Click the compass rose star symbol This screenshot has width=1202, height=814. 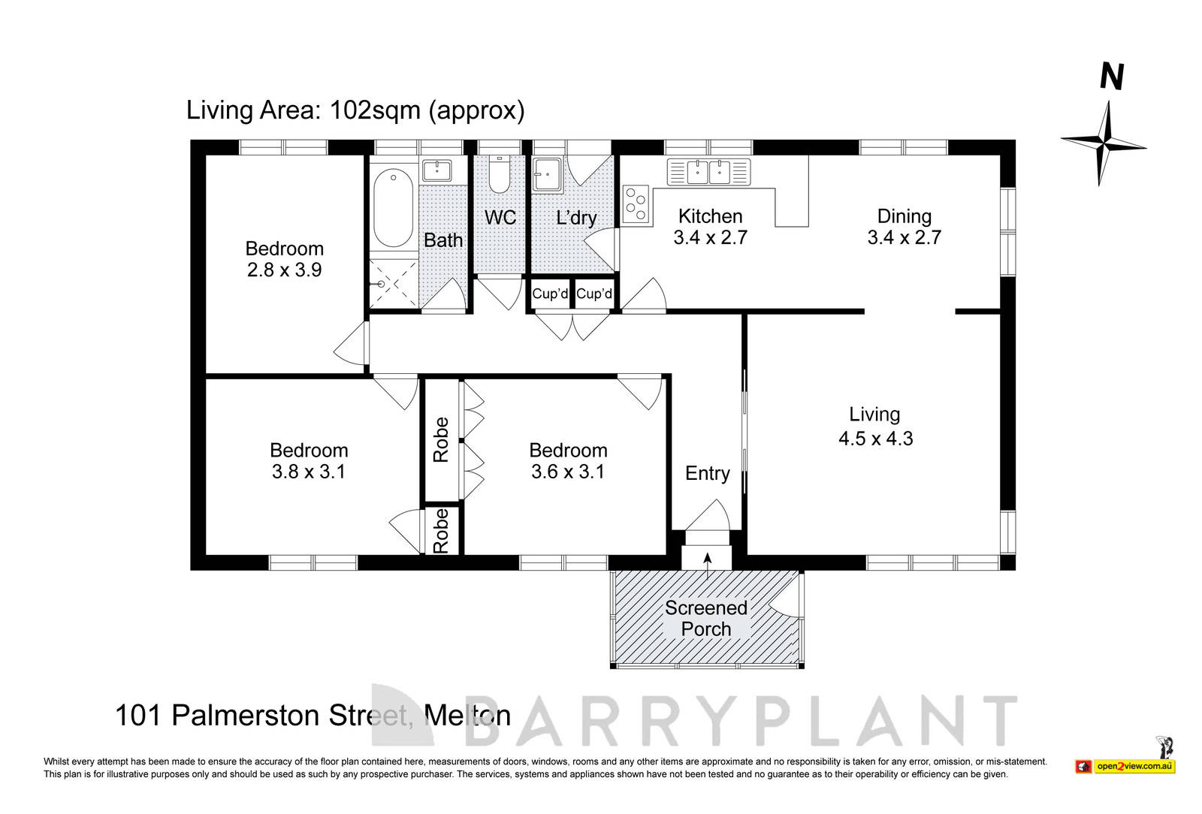[x=1103, y=141]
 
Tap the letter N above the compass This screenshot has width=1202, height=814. [x=1112, y=77]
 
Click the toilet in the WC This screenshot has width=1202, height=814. [x=500, y=176]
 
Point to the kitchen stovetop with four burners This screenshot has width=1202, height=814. [x=636, y=204]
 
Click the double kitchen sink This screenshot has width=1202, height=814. [x=708, y=172]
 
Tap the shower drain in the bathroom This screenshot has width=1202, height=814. [x=382, y=284]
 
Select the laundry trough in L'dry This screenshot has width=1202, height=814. [x=547, y=176]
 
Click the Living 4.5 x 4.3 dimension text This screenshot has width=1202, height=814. [x=875, y=439]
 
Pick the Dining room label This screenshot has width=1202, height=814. [x=904, y=216]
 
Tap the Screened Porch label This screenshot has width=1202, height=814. [x=705, y=618]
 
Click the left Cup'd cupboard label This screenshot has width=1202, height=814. [x=550, y=294]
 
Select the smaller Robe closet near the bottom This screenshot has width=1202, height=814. [x=441, y=530]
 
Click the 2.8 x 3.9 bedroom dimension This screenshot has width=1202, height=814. [x=284, y=270]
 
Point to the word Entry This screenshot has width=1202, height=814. [x=707, y=473]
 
